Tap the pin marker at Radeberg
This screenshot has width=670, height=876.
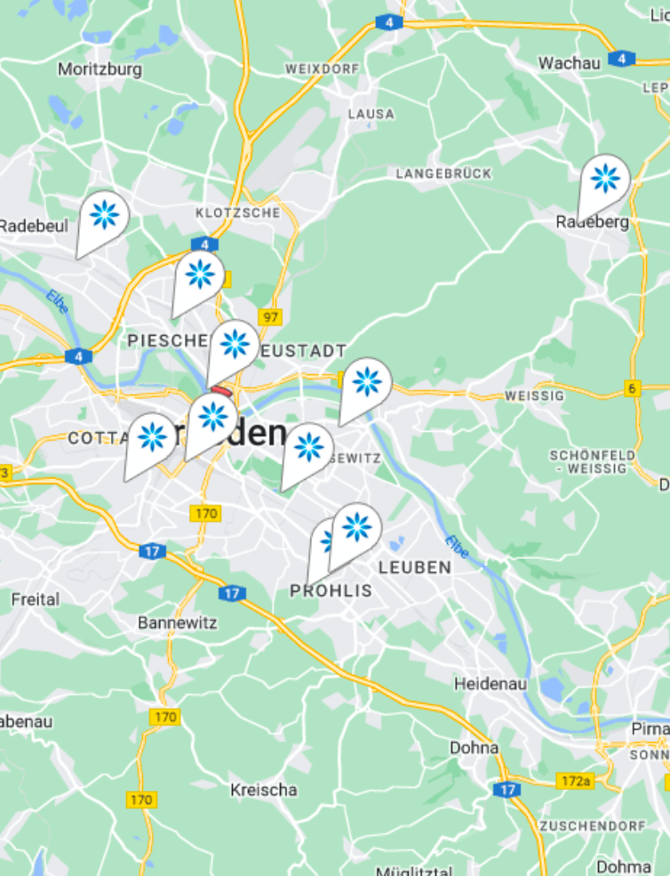[605, 179]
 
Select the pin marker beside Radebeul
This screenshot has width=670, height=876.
[104, 215]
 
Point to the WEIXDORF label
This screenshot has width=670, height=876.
[321, 68]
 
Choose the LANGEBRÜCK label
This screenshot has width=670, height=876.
[443, 173]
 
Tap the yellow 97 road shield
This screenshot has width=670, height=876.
[269, 316]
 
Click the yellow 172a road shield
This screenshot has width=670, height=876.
[575, 781]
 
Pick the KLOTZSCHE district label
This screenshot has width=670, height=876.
[238, 212]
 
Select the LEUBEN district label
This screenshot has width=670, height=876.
[415, 567]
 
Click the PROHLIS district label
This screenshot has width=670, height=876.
[331, 591]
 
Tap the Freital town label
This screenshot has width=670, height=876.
[36, 600]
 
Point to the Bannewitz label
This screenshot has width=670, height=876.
[177, 623]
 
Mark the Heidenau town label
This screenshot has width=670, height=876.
[491, 684]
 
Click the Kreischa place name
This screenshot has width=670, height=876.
[264, 790]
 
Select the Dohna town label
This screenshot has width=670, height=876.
[474, 748]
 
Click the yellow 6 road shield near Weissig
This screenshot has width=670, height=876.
[632, 387]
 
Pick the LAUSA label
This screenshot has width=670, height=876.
[371, 114]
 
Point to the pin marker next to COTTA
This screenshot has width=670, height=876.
[152, 436]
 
